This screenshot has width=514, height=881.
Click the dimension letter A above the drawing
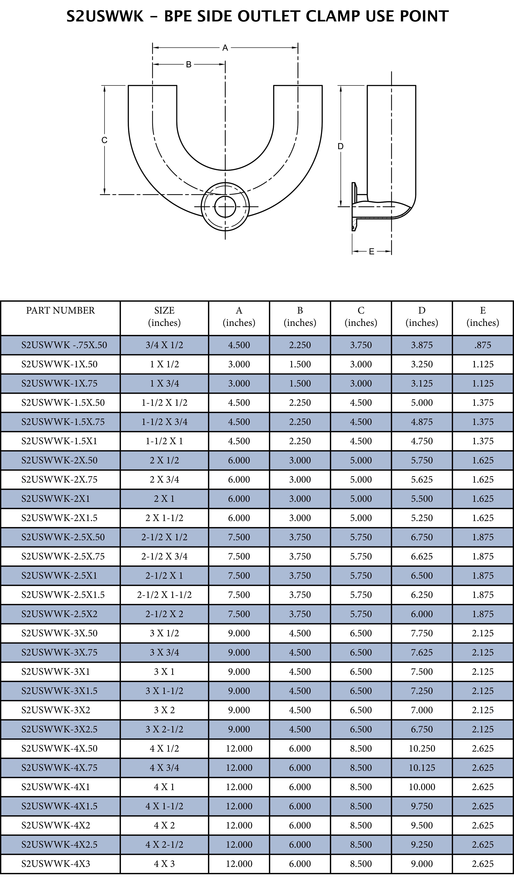click(x=225, y=48)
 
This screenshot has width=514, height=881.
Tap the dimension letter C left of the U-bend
click(x=104, y=140)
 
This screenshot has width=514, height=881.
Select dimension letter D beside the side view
click(x=341, y=146)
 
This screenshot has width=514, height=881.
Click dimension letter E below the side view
click(x=372, y=251)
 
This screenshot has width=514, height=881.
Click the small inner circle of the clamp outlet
click(x=225, y=207)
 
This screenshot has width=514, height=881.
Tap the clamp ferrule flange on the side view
click(x=354, y=207)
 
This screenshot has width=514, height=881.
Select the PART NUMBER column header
click(x=60, y=310)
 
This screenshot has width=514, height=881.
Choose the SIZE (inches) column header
click(x=164, y=316)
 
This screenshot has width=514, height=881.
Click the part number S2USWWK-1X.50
click(x=59, y=364)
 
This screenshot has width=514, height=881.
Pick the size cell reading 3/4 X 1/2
click(x=164, y=345)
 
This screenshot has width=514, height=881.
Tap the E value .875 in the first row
click(x=483, y=345)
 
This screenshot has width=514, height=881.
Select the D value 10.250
click(x=422, y=749)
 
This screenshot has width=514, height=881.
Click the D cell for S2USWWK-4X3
click(x=422, y=864)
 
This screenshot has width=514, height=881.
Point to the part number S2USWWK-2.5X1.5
click(x=63, y=595)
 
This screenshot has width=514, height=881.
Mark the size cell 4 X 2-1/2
click(x=164, y=845)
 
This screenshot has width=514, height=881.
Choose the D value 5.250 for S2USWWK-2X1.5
click(x=422, y=518)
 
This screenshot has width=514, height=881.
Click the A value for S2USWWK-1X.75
click(x=239, y=384)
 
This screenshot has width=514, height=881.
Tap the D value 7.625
click(x=422, y=652)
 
